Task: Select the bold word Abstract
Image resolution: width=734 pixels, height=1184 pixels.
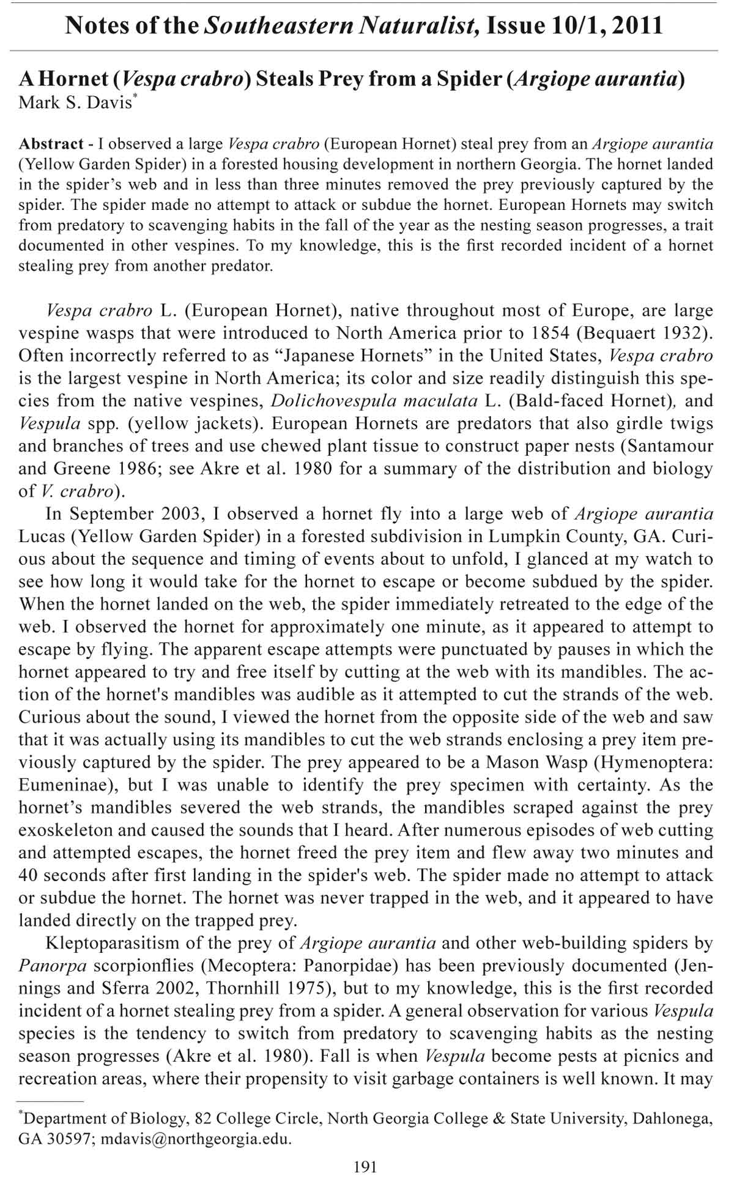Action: coord(51,144)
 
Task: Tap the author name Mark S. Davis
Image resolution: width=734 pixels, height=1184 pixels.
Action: coord(75,102)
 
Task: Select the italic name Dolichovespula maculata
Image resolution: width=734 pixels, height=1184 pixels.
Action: coord(374,401)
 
